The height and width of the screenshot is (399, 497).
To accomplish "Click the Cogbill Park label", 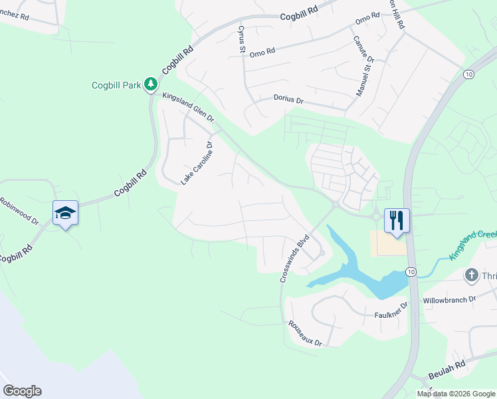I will [117, 84].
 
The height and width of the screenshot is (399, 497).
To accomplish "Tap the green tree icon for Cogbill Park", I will [151, 84].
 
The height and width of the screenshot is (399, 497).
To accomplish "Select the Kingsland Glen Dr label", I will [189, 108].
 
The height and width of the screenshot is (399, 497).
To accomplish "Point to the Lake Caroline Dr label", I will [196, 163].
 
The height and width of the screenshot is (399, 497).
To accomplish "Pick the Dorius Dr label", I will [288, 99].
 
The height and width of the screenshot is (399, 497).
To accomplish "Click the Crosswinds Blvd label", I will [294, 259].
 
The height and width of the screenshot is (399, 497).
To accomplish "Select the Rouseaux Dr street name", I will [305, 334].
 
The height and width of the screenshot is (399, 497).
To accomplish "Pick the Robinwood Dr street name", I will [19, 210].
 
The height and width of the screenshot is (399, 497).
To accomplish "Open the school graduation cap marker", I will [65, 213].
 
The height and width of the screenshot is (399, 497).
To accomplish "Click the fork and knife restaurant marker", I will [397, 220].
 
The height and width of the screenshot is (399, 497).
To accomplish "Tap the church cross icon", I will [472, 275].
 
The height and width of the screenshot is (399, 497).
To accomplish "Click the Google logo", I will [22, 390].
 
